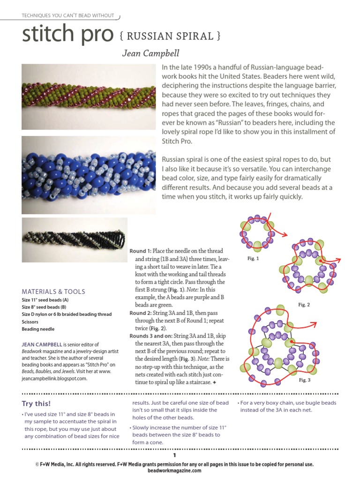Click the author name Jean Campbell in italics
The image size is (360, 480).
(x=150, y=53)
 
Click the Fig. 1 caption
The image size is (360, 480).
(x=253, y=259)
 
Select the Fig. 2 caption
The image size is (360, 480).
(x=304, y=305)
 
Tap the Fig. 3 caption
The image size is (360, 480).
(x=305, y=380)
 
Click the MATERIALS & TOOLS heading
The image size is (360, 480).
(x=53, y=292)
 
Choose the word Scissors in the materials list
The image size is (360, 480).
(x=31, y=322)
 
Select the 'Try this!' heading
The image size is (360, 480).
(x=37, y=404)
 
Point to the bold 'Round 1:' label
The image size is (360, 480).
(x=141, y=251)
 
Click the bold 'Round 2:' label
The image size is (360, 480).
(x=141, y=313)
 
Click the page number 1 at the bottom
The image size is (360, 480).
(x=174, y=455)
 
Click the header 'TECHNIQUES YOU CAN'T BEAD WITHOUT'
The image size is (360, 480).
(x=68, y=15)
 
